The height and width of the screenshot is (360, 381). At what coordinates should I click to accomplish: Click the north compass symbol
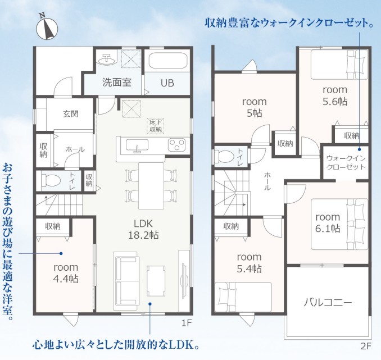[47, 27]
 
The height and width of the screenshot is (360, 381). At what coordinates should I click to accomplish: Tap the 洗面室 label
[117, 83]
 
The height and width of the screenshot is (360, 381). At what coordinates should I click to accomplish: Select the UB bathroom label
[167, 83]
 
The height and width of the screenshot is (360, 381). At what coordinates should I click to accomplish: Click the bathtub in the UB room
[168, 61]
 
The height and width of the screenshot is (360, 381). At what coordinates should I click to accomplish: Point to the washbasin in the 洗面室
[107, 59]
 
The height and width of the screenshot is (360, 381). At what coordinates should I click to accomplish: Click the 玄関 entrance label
[71, 113]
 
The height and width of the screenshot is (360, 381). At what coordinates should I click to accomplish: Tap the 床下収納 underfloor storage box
[156, 126]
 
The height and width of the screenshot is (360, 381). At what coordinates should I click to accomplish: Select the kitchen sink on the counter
[137, 146]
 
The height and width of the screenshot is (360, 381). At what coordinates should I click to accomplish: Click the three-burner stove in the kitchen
[176, 144]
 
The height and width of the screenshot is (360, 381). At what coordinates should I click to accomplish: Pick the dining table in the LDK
[151, 186]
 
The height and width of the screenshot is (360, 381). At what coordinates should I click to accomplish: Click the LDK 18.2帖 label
[143, 229]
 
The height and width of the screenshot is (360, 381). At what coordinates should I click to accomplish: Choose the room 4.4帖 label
[66, 273]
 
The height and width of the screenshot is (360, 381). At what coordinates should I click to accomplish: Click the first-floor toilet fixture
[51, 181]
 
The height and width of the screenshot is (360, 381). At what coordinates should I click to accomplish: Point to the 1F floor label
[187, 323]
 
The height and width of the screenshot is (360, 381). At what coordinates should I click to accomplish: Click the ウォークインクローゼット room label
[346, 163]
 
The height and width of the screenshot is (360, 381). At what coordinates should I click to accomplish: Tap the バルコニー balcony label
[328, 303]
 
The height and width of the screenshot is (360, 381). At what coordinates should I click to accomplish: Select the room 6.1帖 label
[328, 223]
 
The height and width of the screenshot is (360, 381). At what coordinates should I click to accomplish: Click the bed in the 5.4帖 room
[243, 297]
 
